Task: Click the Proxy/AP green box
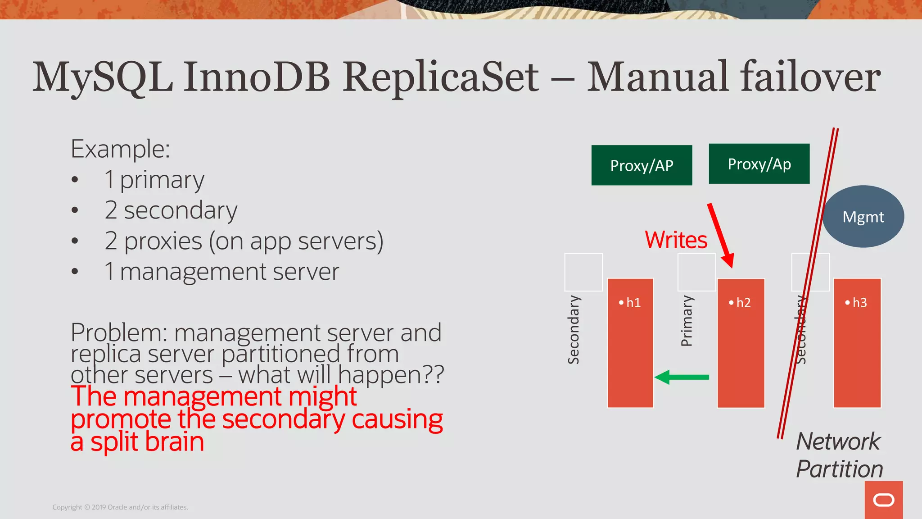[642, 165]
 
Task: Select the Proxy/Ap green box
[759, 164]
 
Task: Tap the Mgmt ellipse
[863, 217]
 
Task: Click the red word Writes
[676, 240]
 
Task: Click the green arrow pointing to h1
[682, 377]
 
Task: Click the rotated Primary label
[687, 321]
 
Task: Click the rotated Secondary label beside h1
[574, 329]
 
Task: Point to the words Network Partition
[839, 455]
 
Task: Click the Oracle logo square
[883, 500]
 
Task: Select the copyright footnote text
[120, 507]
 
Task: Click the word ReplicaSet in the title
[440, 77]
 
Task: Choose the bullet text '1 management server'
[221, 272]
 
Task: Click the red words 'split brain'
[147, 442]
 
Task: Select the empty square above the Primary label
[696, 272]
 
